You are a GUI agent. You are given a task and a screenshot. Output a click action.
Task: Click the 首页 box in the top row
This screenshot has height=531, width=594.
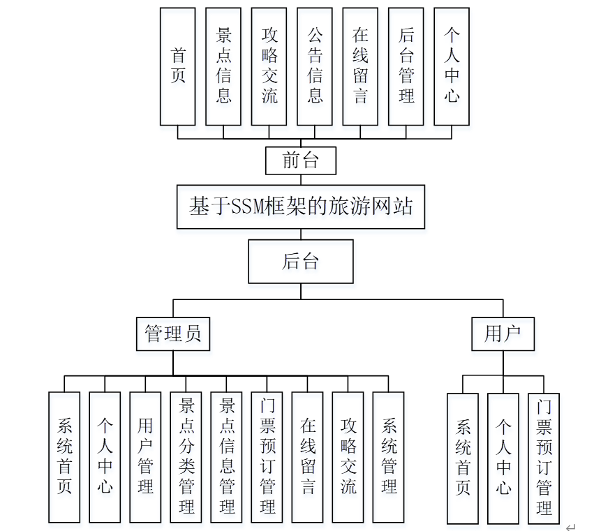[x=178, y=66]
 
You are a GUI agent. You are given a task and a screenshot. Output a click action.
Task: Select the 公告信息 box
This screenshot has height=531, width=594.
[x=315, y=66]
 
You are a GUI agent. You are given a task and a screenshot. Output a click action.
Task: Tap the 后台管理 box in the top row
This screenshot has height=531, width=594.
[x=406, y=66]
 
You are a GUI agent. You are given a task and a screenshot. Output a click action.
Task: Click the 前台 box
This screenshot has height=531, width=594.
[x=301, y=161]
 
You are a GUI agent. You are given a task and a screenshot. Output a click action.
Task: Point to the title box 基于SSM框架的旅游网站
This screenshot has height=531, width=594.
[x=300, y=207]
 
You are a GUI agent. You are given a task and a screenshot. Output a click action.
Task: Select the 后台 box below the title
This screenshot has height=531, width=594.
[x=301, y=262]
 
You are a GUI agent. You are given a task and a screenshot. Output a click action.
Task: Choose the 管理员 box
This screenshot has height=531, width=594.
[x=172, y=334]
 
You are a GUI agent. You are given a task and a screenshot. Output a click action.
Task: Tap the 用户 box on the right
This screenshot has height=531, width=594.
[x=503, y=334]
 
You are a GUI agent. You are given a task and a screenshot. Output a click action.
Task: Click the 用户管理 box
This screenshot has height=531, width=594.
[x=145, y=457]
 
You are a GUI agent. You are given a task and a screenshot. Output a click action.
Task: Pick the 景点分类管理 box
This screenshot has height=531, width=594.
[x=186, y=457]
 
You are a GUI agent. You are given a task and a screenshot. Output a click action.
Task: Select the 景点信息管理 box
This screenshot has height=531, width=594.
[x=226, y=457]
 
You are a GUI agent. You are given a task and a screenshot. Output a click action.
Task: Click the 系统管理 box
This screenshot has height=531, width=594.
[x=389, y=457]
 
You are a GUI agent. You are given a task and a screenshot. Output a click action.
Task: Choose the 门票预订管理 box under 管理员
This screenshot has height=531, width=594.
[x=267, y=457]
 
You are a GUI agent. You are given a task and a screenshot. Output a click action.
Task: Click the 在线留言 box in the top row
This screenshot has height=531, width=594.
[x=360, y=66]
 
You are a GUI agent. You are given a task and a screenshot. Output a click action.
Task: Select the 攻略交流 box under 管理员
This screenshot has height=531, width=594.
[x=348, y=457]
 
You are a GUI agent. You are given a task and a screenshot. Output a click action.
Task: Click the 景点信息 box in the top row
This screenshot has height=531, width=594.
[x=223, y=66]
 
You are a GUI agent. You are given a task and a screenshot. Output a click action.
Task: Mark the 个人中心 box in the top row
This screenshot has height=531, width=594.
[x=452, y=66]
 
